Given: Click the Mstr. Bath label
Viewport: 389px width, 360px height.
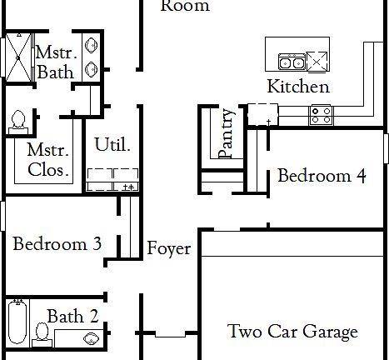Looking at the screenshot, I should [55, 62].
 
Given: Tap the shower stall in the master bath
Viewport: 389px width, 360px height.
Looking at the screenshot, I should [15, 55].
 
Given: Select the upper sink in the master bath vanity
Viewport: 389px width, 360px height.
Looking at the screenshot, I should [91, 46].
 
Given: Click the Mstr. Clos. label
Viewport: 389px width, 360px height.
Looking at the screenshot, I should [47, 160].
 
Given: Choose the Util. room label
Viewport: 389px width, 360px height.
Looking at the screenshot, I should [112, 144].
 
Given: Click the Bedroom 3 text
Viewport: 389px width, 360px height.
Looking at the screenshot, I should [57, 244].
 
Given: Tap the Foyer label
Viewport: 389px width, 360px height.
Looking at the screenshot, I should [169, 248].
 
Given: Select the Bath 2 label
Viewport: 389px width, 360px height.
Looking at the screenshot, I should [72, 316].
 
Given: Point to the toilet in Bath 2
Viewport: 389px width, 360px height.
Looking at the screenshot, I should [41, 333].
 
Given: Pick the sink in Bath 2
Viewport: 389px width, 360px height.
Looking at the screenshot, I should [92, 339].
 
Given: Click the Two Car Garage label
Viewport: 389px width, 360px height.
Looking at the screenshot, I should [292, 332].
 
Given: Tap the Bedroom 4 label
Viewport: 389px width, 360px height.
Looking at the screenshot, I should [321, 176].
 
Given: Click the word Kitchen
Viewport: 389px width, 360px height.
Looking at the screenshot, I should [297, 86].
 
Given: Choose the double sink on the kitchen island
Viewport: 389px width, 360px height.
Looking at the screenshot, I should [291, 61].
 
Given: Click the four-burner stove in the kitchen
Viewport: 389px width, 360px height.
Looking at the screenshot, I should [321, 114].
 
